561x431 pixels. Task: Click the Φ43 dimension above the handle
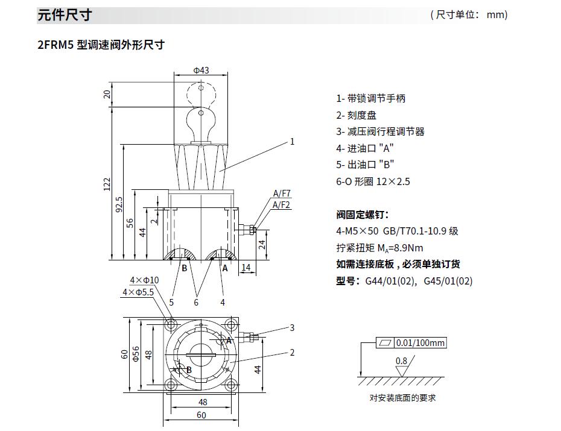[201, 70]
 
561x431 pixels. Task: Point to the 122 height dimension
[106, 183]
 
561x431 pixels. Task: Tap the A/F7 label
[282, 193]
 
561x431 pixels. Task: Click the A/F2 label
[282, 205]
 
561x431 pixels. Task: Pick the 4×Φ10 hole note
[144, 280]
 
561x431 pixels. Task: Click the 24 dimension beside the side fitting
[262, 244]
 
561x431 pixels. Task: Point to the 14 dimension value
[246, 267]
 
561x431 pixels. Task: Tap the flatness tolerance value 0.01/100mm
[420, 344]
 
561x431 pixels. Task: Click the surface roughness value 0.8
[401, 361]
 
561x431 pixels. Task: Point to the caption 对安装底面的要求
[402, 398]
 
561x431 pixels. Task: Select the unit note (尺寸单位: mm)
[469, 15]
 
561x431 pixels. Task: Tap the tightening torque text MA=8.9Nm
[379, 248]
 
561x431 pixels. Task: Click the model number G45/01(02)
[448, 281]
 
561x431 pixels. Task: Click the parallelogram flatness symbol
[384, 344]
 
